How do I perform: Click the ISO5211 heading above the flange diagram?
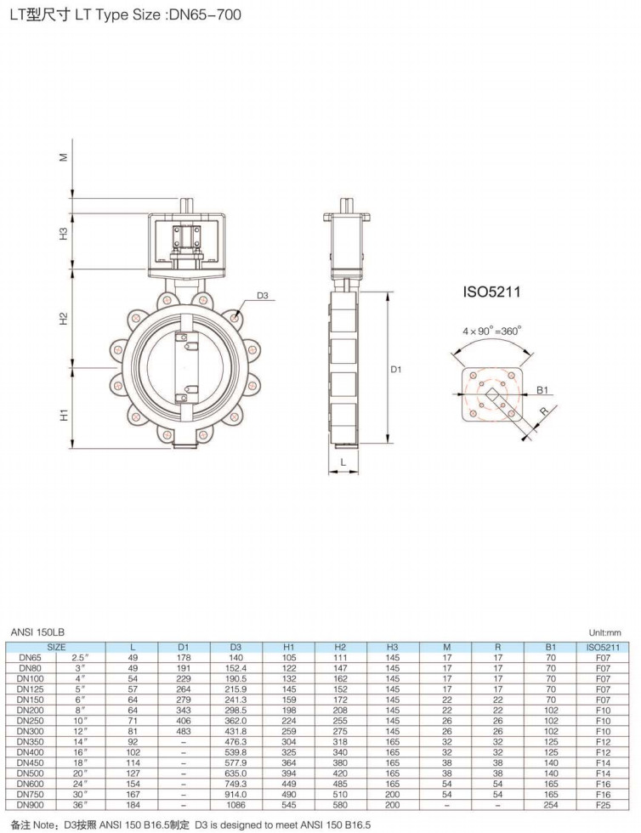pos(491,292)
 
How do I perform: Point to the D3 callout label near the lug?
pos(263,296)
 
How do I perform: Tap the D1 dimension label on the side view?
pos(396,369)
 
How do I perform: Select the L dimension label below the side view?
pos(343,462)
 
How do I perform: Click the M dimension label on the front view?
pos(64,156)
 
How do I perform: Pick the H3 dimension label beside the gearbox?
pos(64,233)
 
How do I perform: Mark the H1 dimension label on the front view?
pos(64,415)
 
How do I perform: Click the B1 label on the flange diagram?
pos(542,390)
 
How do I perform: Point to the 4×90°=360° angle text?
pos(491,331)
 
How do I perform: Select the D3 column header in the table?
pos(235,647)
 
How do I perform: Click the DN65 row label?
pos(30,658)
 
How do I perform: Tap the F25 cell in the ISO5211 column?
pos(604,805)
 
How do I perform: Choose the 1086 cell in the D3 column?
pos(235,805)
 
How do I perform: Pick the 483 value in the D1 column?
pos(184,731)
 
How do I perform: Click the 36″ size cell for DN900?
pos(79,805)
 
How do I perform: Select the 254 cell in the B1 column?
pos(551,805)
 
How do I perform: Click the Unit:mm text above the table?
pos(604,632)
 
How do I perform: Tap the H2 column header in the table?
pos(340,647)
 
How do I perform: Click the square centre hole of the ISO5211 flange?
pos(492,394)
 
